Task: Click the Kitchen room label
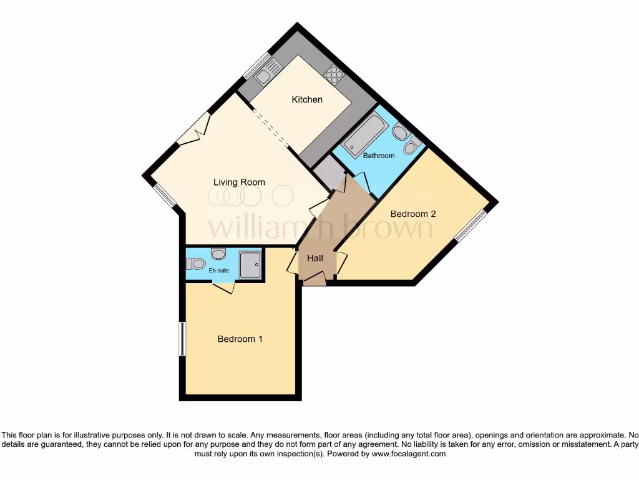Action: point(307,99)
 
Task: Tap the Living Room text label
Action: point(239,182)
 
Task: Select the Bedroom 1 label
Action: point(240,339)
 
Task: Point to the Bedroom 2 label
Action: point(412,214)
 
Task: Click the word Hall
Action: point(315,258)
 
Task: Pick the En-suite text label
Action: point(218,271)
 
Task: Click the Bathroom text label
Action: point(379,156)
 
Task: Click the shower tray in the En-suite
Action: point(250,265)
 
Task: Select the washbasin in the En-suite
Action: point(218,253)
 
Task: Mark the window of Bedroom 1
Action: point(182,339)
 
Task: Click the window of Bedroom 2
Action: point(472,225)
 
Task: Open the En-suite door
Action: point(223,287)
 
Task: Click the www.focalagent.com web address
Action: point(408,454)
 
